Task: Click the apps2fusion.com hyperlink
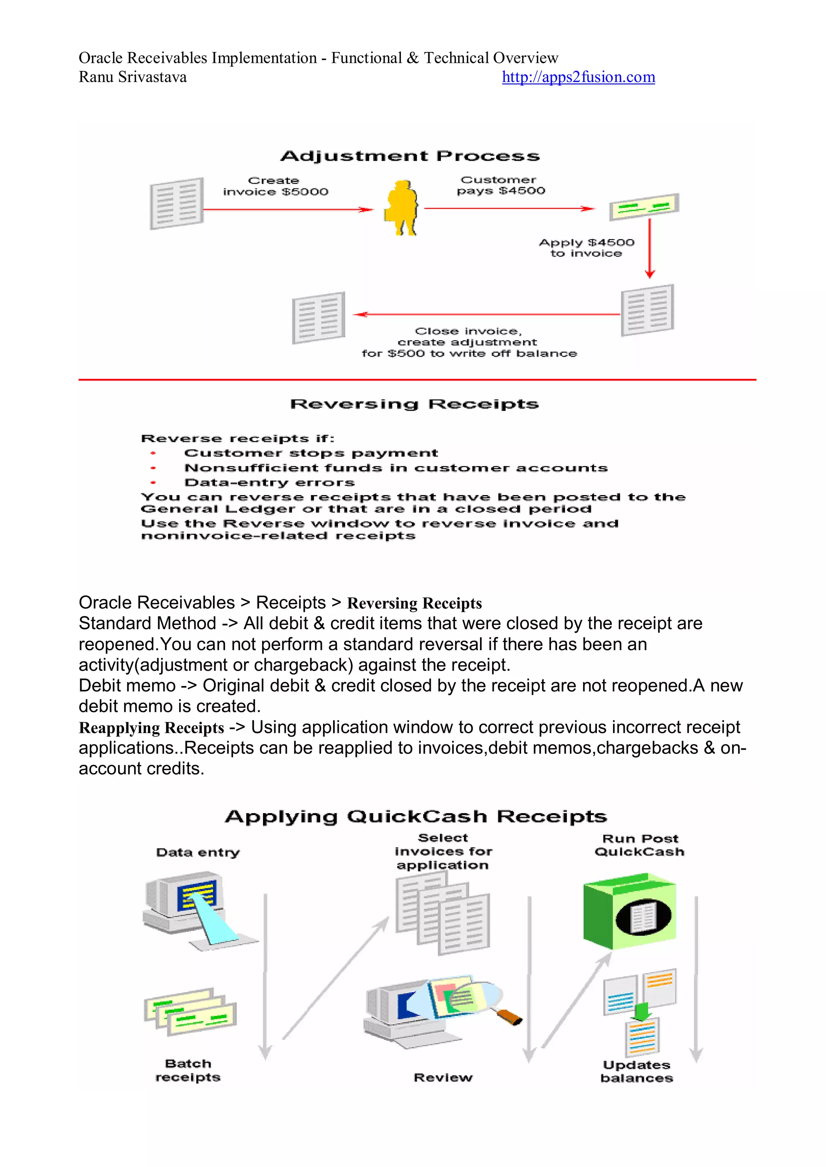coord(578,77)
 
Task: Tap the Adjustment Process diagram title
coord(410,156)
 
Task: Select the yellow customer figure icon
coord(401,207)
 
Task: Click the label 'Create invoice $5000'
coord(275,186)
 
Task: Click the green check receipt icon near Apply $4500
coord(644,206)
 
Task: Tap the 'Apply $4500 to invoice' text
coord(586,248)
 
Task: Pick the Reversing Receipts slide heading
coord(414,404)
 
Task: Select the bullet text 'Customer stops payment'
coord(311,453)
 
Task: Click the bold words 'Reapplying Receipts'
coord(151,728)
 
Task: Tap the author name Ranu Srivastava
coord(133,77)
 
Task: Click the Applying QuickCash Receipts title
coord(415,817)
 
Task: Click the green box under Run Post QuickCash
coord(629,911)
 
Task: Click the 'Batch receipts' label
coord(188,1070)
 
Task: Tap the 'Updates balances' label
coord(636,1071)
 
